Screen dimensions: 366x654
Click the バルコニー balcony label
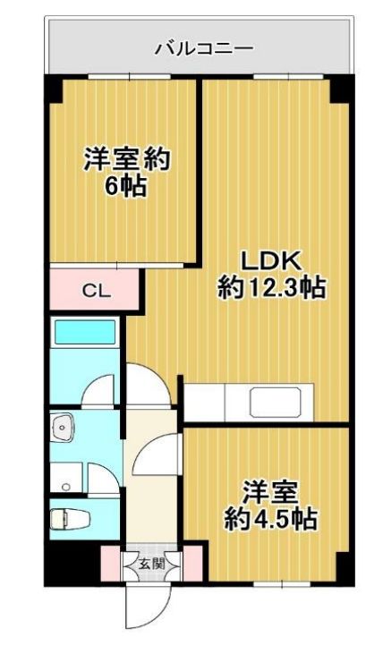coord(204,49)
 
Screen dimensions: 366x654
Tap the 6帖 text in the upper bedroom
coord(124,186)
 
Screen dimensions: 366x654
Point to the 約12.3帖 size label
coord(271,288)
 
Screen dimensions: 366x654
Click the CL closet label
coord(96,291)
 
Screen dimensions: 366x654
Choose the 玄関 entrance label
coord(151,564)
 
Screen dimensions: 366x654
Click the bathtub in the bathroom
coord(85,333)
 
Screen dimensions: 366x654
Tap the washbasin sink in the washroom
coord(62,427)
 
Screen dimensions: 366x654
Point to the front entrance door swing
coord(149,606)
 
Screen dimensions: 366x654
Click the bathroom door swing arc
coord(98,389)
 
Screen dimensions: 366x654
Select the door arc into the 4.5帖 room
coord(155,454)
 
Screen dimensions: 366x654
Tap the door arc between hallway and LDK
coord(149,385)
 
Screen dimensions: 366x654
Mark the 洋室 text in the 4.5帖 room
coord(270,493)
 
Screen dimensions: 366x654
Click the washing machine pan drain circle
coord(64,487)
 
